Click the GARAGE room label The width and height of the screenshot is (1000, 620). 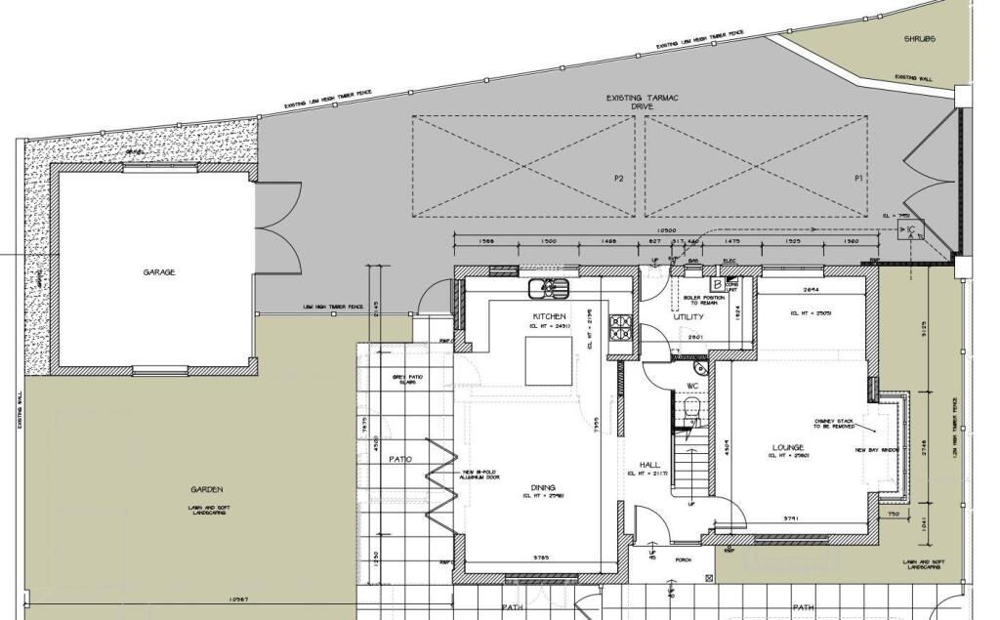pos(158,272)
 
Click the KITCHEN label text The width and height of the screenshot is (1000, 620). pos(550,316)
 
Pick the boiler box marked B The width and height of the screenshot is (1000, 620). pos(718,284)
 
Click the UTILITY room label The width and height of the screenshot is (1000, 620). pos(688,317)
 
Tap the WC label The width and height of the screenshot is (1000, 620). pos(691,386)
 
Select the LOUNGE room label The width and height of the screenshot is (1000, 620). pos(785,447)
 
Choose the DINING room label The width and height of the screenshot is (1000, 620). pos(543,487)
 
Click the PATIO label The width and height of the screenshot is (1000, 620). pos(400,458)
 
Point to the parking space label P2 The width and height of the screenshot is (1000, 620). pos(618,179)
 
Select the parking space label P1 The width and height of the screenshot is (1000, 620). pos(858,179)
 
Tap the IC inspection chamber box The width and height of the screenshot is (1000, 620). pos(910,230)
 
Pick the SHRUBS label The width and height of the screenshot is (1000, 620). pos(919,39)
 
